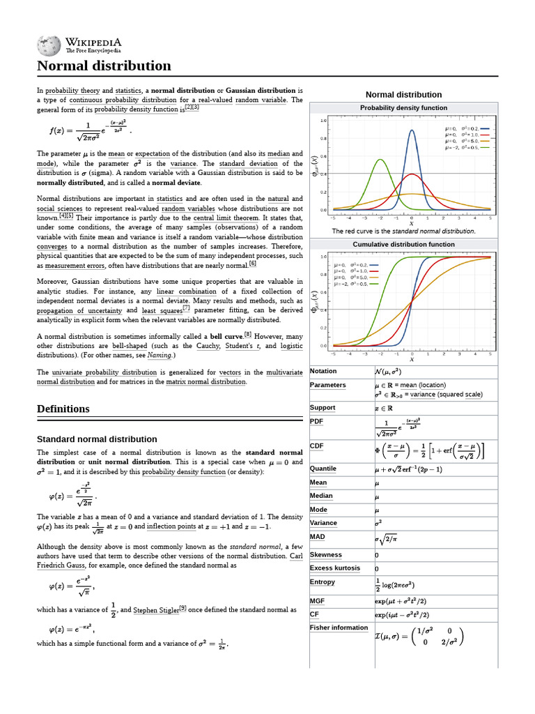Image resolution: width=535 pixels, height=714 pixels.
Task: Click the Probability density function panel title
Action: (403, 108)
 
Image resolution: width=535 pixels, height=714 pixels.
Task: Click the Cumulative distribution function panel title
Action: (403, 245)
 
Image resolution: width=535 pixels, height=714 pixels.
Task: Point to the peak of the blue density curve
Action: (412, 130)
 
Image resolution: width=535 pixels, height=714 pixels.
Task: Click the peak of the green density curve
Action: (380, 160)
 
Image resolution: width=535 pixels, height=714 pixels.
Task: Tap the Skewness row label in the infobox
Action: (326, 555)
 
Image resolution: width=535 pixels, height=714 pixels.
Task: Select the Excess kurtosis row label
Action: (335, 568)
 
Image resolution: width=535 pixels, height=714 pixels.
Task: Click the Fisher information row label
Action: (339, 628)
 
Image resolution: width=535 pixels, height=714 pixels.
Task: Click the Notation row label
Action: (323, 371)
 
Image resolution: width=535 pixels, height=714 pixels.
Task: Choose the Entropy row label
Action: (323, 582)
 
